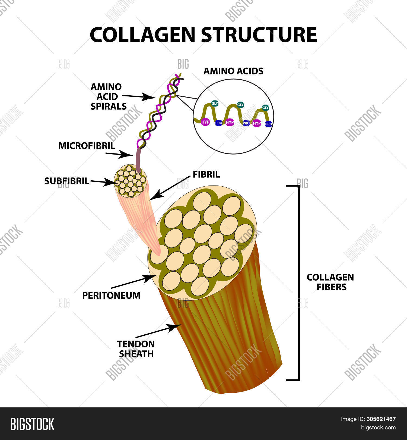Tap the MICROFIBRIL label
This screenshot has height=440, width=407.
click(x=87, y=146)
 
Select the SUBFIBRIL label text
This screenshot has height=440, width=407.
click(x=67, y=181)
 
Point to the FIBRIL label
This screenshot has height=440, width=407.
click(x=206, y=174)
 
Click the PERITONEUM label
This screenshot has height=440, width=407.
click(x=111, y=296)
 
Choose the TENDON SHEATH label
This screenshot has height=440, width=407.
click(x=136, y=349)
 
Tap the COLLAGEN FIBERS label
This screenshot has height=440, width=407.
click(x=330, y=282)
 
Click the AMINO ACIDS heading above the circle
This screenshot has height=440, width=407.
click(x=233, y=71)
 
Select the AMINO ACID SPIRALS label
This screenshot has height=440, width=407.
click(x=108, y=96)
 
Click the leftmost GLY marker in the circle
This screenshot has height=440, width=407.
click(x=215, y=103)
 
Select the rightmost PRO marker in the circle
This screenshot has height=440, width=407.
click(x=269, y=124)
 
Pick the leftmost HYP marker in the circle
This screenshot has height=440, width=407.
click(x=205, y=122)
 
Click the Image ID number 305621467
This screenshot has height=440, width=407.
click(x=381, y=419)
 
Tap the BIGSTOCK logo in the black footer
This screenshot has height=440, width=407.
click(x=32, y=424)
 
